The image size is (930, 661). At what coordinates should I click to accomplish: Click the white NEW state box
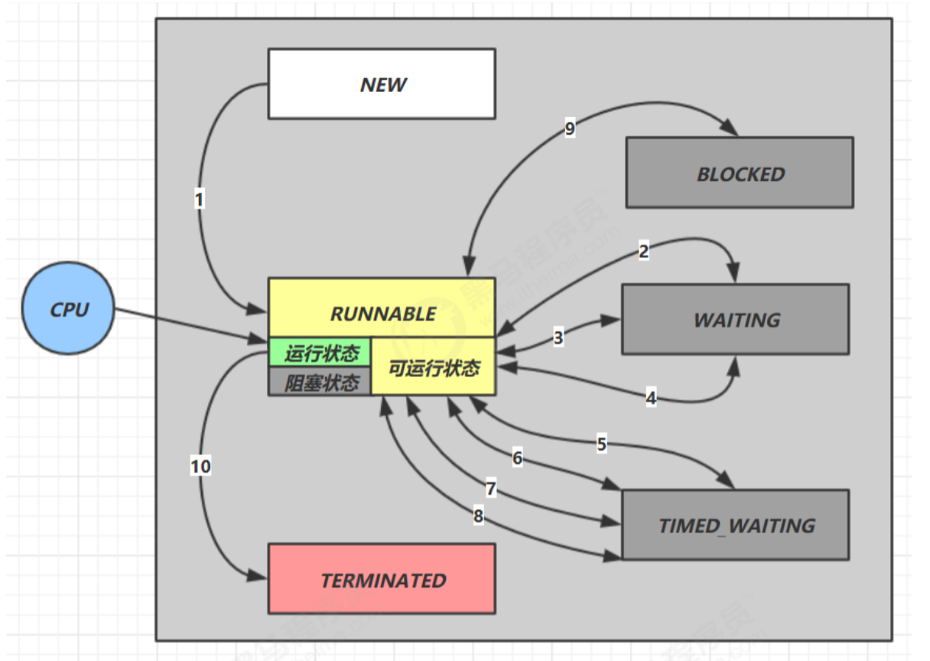[x=381, y=84]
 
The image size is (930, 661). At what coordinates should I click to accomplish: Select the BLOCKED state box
[x=740, y=173]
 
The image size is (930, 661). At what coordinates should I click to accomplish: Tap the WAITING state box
[x=736, y=319]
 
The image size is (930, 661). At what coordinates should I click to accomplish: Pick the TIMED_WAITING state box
[x=736, y=525]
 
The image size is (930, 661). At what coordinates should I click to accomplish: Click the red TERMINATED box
[x=382, y=579]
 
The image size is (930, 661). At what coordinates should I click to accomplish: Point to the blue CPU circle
[x=69, y=309]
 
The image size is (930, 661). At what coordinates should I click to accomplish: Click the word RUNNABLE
[x=382, y=314]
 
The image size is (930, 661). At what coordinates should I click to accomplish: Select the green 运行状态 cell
[x=320, y=353]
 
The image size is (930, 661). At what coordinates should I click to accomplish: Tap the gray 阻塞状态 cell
[x=320, y=382]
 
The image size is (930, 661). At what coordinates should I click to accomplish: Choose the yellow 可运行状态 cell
[x=434, y=368]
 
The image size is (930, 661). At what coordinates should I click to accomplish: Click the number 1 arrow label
[x=200, y=200]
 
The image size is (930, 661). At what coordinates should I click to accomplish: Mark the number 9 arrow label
[x=570, y=129]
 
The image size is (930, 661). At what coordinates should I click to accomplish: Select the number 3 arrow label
[x=558, y=337]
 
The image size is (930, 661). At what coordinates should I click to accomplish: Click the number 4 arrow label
[x=651, y=398]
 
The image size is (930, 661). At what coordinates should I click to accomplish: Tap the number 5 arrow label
[x=602, y=444]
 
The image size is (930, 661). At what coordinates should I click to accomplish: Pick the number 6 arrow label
[x=518, y=458]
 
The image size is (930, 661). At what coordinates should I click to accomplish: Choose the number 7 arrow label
[x=491, y=489]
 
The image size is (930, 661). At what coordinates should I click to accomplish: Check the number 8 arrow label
[x=479, y=516]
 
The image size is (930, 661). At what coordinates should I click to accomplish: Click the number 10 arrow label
[x=201, y=466]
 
